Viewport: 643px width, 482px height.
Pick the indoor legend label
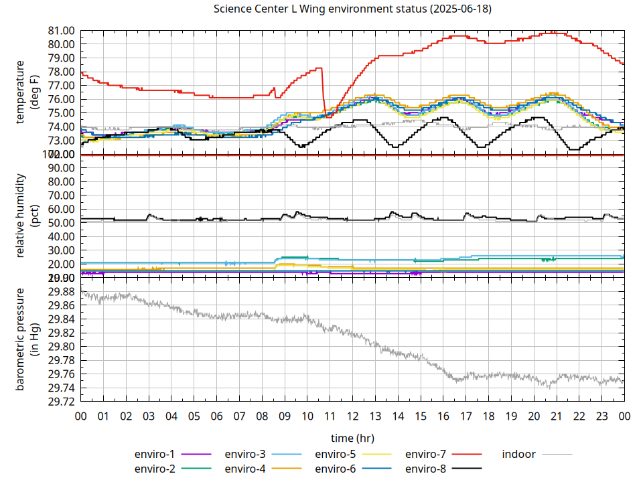[x=519, y=454]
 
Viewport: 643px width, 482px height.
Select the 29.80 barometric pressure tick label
[x=61, y=347]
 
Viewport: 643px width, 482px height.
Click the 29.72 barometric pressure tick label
[x=61, y=402]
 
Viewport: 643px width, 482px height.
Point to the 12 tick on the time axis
[x=353, y=416]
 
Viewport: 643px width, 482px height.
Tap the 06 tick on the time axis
[x=217, y=416]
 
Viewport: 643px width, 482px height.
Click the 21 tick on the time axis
[x=557, y=416]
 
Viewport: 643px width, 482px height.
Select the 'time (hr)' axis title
[x=352, y=438]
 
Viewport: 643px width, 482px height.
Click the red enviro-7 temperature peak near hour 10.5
[x=319, y=68]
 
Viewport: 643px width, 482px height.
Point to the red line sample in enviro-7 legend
[x=468, y=455]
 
